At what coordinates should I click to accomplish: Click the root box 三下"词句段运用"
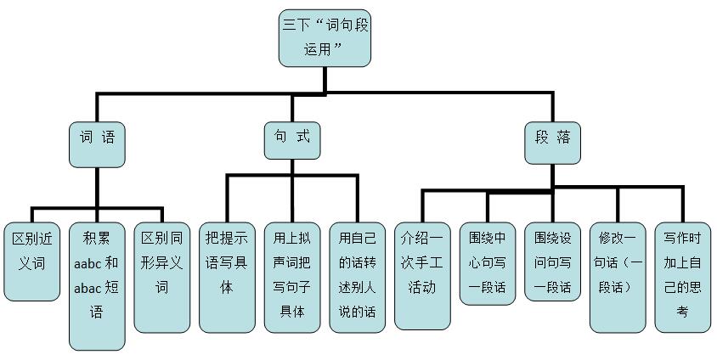(x=325, y=38)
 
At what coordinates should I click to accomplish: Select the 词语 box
(x=97, y=143)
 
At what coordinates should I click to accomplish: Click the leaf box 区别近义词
(x=31, y=262)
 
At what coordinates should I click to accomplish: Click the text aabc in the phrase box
(x=88, y=263)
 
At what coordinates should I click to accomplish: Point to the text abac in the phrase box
(x=88, y=288)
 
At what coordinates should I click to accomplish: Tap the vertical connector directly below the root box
(x=325, y=79)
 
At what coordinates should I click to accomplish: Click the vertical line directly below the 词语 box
(x=97, y=187)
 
